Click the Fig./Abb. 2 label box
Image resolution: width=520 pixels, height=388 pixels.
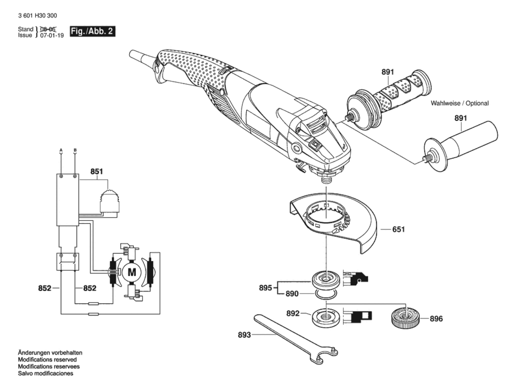coord(92,31)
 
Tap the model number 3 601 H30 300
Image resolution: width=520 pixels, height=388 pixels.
coord(37,16)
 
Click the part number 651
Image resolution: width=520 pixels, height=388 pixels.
coord(398,229)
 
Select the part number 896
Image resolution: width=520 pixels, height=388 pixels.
coord(436,319)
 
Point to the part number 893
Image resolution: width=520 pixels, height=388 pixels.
coord(244,335)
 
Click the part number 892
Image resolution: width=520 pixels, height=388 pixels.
coord(293,314)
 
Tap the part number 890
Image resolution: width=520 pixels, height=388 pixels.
coord(292,294)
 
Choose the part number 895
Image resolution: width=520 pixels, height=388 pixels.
coord(265,288)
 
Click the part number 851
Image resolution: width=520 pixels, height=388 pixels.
coord(97,171)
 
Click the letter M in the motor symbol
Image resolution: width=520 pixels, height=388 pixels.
coord(132,272)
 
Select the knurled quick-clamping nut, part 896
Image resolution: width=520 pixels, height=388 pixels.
coord(405,317)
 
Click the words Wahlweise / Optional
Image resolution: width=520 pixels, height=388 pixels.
coord(460,103)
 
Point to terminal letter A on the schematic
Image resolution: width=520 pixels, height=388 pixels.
coord(61,150)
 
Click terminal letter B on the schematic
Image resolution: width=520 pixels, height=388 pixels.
coord(75,150)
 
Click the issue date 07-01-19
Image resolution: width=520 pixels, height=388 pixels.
coord(52,35)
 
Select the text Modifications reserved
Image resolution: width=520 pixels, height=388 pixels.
coord(47,360)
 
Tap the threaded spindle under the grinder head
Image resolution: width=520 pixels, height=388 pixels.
coord(326,179)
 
